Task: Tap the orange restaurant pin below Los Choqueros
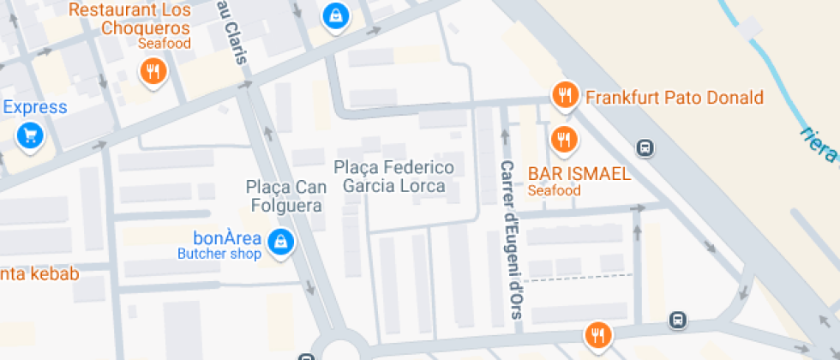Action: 153,71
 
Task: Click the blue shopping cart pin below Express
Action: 31,135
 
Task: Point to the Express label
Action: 35,107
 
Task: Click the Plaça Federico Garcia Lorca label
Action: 394,176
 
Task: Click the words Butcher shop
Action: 219,254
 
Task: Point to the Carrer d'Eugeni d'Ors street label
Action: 511,240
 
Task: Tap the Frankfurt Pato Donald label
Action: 674,98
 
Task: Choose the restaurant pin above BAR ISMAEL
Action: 563,137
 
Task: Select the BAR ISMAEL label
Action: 579,174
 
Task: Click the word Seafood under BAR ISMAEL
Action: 554,190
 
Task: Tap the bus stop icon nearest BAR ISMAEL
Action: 645,147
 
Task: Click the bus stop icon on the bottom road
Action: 677,320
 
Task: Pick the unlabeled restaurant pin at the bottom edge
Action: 597,334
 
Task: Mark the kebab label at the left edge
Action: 39,274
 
